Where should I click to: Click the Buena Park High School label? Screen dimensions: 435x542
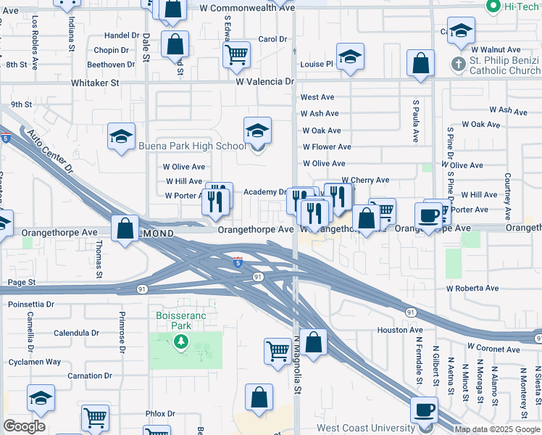[x=192, y=146]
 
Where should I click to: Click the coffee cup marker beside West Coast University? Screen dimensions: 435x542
[x=424, y=410]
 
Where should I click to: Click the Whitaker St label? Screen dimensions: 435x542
[x=94, y=83]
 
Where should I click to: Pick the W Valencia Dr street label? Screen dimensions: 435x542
[x=265, y=82]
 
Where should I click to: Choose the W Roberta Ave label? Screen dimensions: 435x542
[x=472, y=288]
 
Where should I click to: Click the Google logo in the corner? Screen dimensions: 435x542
[x=24, y=426]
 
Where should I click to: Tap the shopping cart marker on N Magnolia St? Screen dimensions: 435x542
[x=278, y=351]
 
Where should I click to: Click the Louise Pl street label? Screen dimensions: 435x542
[x=317, y=64]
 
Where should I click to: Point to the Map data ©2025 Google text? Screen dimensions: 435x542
[x=497, y=429]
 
